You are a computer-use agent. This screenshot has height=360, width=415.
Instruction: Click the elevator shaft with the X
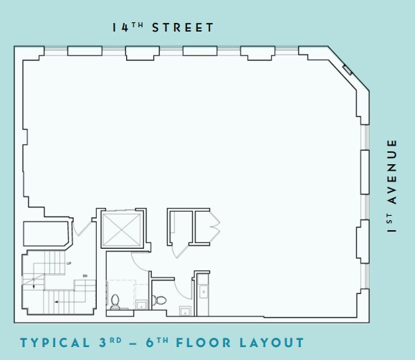(123, 230)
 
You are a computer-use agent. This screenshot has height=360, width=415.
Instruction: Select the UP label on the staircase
(69, 265)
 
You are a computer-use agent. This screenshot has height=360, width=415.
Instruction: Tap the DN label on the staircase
(84, 276)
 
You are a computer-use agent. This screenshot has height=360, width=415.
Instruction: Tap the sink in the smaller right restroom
(184, 311)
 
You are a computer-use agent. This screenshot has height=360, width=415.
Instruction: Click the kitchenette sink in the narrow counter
(204, 291)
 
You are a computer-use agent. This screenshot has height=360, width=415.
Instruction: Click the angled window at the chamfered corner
(348, 70)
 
